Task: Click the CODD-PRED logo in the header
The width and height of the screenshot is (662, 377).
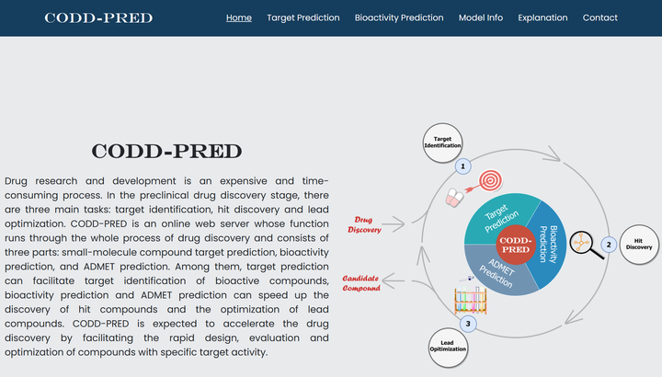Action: pyautogui.click(x=98, y=17)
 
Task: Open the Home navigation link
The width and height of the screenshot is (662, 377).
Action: pyautogui.click(x=238, y=17)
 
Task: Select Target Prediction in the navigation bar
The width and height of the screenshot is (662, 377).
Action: pyautogui.click(x=302, y=17)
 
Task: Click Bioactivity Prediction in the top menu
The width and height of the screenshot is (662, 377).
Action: pyautogui.click(x=398, y=17)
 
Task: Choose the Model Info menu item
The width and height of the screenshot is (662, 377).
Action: pyautogui.click(x=480, y=17)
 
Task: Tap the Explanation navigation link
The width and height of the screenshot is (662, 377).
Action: pyautogui.click(x=542, y=17)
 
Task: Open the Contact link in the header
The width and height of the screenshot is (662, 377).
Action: pyautogui.click(x=599, y=17)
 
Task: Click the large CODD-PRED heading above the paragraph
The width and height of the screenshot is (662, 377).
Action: pyautogui.click(x=166, y=152)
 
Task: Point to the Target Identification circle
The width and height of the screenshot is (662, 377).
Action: pyautogui.click(x=442, y=142)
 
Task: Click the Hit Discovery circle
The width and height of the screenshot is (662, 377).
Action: pyautogui.click(x=638, y=244)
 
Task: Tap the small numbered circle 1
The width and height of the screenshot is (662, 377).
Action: pyautogui.click(x=463, y=166)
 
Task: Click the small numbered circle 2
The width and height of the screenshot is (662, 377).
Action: pyautogui.click(x=607, y=245)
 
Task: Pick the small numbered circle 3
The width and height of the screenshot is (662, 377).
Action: pyautogui.click(x=468, y=323)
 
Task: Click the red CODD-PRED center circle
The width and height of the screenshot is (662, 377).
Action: pyautogui.click(x=515, y=245)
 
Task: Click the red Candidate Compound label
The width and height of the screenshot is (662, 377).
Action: pyautogui.click(x=361, y=282)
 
